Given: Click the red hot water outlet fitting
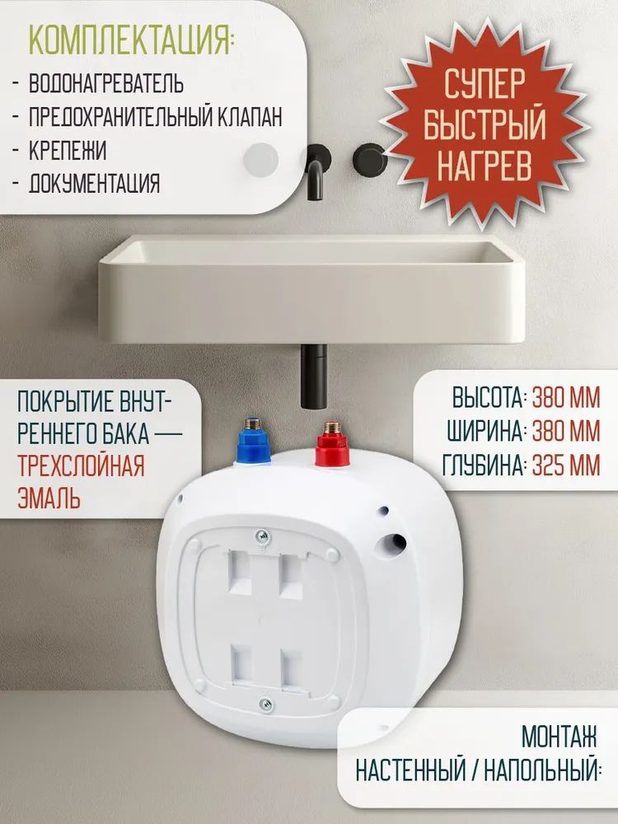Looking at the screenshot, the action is (x=332, y=444).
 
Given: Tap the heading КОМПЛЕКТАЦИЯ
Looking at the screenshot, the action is (x=130, y=39).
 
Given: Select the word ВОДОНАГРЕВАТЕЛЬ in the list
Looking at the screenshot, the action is (x=106, y=83).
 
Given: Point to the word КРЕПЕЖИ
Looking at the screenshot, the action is (x=68, y=151).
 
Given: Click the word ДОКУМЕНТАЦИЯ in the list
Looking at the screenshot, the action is (x=94, y=184).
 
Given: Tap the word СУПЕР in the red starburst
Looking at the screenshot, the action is (x=484, y=84).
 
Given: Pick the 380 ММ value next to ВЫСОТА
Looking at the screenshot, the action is (x=566, y=399).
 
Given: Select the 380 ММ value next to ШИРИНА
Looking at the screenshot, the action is (x=566, y=432).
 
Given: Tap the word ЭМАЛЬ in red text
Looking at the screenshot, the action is (x=49, y=499).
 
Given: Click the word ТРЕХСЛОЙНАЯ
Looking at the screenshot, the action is (x=81, y=466).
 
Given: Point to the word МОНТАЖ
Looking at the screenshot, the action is (x=559, y=737).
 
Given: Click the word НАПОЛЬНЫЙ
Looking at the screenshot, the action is (x=541, y=770).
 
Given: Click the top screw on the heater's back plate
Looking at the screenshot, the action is (x=262, y=536).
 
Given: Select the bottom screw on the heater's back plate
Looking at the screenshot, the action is (x=267, y=704).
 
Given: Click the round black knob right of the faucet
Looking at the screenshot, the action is (x=370, y=159).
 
